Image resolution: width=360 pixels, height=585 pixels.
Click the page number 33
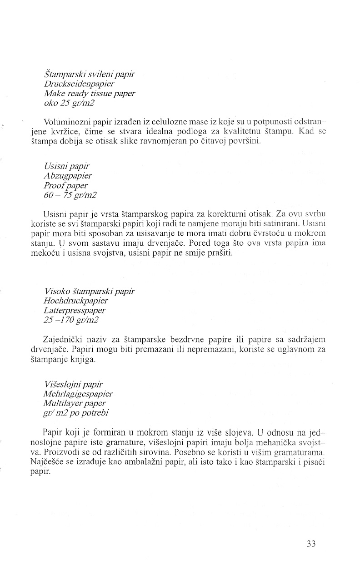311,544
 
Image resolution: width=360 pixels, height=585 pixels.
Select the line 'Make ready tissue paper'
90,94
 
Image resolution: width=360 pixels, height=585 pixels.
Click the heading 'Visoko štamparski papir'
90,291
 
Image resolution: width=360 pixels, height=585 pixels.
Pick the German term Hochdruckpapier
76,300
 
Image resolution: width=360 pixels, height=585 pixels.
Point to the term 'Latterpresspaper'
75,310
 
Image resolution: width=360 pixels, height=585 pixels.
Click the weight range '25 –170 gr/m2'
71,320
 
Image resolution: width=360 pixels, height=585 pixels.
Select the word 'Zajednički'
63,339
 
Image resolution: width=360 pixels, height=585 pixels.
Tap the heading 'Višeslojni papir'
74,384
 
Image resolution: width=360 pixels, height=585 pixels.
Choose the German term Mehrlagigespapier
78,393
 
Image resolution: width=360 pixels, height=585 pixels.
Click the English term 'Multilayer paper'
75,403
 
